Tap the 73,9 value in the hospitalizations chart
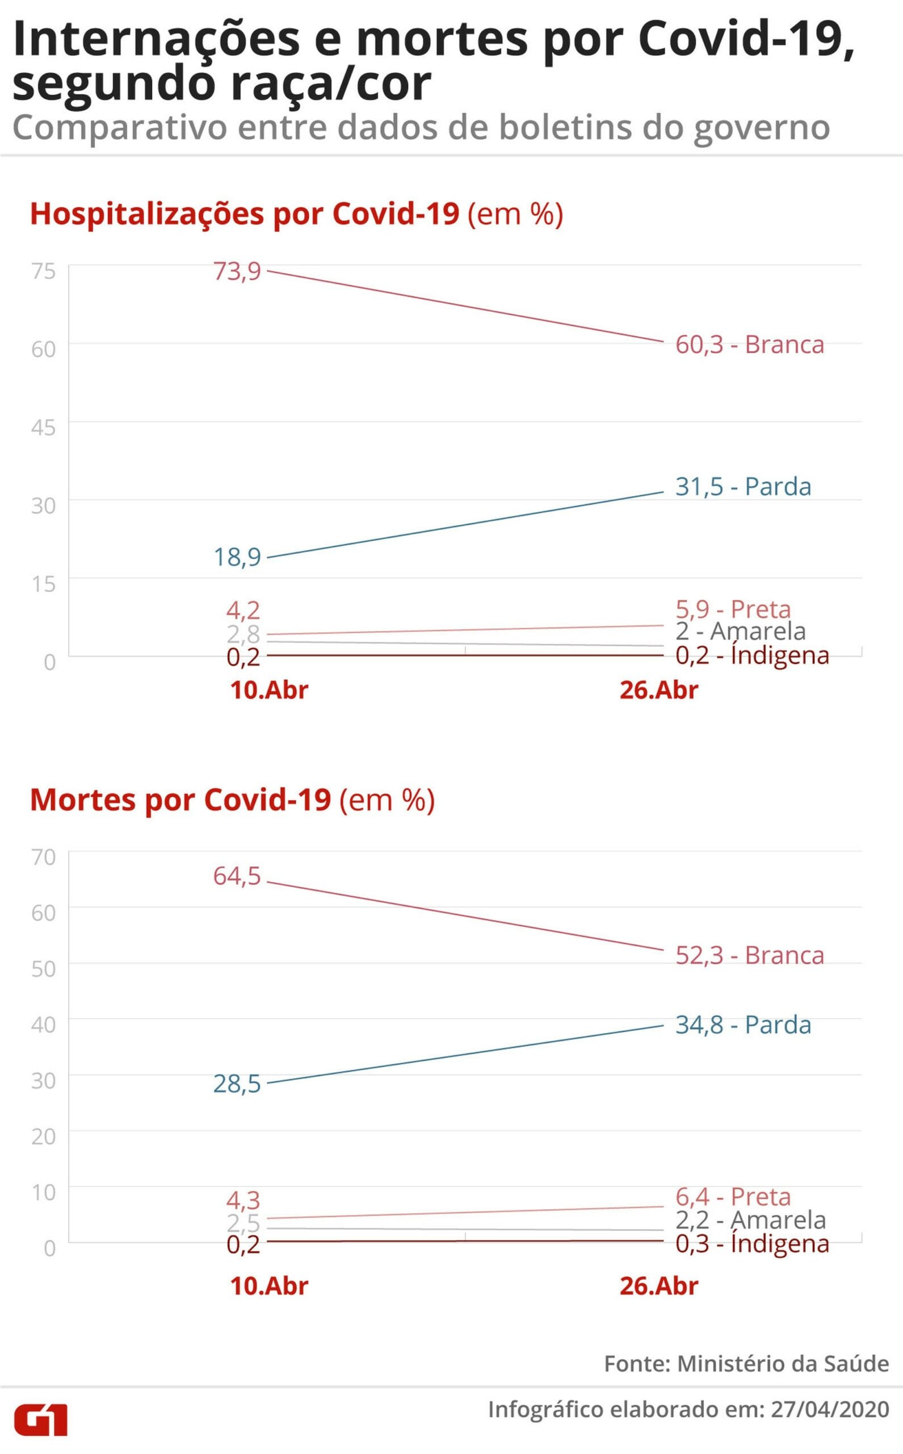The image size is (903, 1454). point(237,271)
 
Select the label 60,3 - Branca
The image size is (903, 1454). point(750,345)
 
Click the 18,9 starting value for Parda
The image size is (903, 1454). point(237,557)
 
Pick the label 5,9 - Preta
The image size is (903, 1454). point(733,609)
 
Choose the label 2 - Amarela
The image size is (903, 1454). point(741,631)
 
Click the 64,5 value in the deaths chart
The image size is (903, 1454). point(237,876)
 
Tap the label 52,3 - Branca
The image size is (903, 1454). point(750,955)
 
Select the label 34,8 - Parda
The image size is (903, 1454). point(743,1025)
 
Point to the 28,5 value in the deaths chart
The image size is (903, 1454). point(237,1084)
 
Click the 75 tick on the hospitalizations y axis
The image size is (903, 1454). point(44,271)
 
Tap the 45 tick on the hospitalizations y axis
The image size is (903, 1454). point(44,428)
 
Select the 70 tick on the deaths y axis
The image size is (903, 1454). point(44,857)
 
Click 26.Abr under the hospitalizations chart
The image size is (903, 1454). point(659,690)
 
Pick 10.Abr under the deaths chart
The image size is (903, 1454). point(270,1286)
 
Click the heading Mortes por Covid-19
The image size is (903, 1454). point(180,800)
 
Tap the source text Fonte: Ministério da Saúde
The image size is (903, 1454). point(746,1364)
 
